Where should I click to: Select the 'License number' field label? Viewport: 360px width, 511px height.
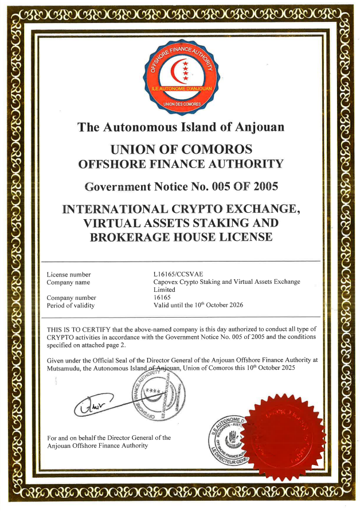(x=69, y=274)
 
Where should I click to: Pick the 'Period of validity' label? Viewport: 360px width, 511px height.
(x=71, y=306)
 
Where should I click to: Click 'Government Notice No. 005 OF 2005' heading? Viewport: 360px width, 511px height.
(x=181, y=186)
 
